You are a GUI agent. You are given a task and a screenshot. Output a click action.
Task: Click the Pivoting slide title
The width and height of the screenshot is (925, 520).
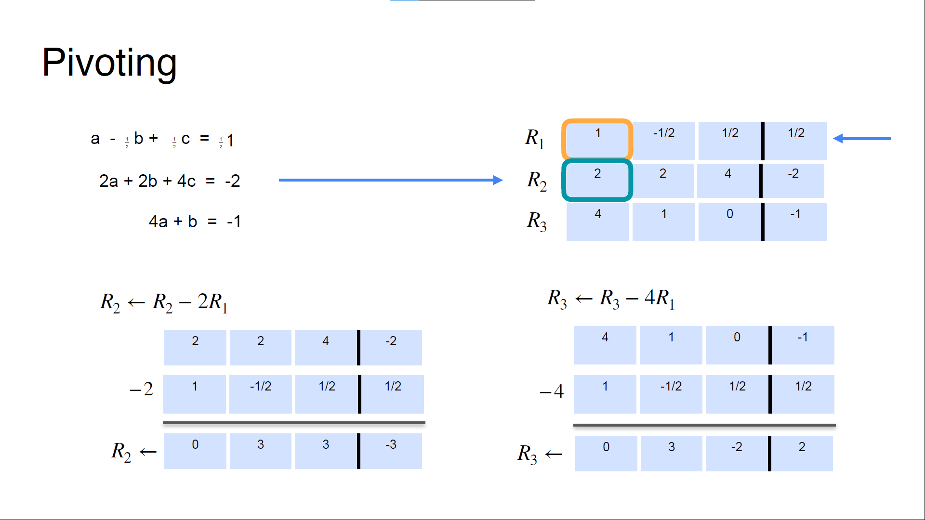pos(109,63)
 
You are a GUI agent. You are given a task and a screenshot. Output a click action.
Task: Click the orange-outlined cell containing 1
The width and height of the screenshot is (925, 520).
pos(597,140)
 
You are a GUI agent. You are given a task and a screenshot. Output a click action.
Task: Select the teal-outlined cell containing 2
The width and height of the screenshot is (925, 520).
pos(597,181)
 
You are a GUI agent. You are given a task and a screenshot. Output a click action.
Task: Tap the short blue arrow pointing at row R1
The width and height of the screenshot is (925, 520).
pos(862,139)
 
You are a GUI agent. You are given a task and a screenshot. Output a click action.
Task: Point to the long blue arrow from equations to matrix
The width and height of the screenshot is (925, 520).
pos(390,180)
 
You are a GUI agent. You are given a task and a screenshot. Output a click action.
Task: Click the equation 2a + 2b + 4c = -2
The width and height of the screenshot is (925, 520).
pos(169,181)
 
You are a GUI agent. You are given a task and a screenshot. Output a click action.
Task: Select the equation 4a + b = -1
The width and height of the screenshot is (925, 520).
pos(194,221)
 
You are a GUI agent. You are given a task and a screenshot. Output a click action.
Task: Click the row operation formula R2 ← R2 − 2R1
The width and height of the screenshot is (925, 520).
pos(164,302)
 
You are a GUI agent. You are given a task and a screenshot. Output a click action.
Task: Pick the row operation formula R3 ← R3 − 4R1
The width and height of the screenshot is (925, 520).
pos(611,299)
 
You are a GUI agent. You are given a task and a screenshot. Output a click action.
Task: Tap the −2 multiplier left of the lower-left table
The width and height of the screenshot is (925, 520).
pos(142,389)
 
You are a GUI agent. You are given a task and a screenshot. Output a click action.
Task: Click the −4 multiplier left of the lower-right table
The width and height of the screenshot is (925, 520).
pos(552,391)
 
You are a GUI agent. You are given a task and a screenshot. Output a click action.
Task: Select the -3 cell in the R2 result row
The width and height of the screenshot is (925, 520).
pos(391,451)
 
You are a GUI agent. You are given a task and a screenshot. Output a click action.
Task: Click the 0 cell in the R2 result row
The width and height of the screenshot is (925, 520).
pos(195,451)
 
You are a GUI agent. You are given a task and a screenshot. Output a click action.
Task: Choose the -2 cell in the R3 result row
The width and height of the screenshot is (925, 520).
pos(737,453)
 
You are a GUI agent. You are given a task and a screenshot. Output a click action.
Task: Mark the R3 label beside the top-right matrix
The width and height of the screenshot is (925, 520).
pos(537,221)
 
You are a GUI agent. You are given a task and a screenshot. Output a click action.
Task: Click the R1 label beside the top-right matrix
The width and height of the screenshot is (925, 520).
pos(535,139)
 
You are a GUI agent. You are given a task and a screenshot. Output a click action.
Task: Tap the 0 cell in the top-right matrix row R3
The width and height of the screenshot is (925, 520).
pos(730,221)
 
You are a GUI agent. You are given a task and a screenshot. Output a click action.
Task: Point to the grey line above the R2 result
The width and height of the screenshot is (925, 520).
pos(294,423)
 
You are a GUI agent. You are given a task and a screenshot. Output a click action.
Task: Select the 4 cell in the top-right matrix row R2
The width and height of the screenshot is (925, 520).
pos(728,181)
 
